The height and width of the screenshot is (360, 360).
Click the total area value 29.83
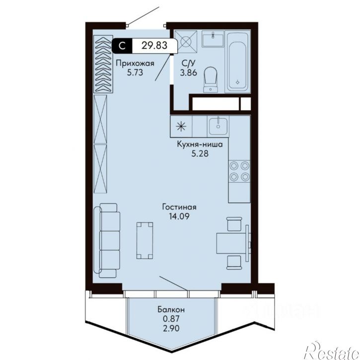tap(154, 45)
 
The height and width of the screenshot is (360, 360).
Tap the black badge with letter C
tap(122, 46)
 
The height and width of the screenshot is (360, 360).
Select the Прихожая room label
tap(135, 63)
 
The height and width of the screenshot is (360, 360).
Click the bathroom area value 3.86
tap(189, 73)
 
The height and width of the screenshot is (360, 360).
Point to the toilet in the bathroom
tap(211, 79)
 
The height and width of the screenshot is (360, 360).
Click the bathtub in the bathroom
tap(237, 62)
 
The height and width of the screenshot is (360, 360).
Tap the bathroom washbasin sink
tap(213, 39)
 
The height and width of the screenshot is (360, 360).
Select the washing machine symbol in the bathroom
tap(186, 42)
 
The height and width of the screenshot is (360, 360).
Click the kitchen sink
tap(218, 126)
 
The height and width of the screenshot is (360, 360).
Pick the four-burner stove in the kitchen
tap(239, 171)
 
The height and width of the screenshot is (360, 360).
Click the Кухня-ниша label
tap(200, 144)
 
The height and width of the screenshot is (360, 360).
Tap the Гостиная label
tap(179, 207)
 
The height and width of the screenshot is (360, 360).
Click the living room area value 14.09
tap(179, 216)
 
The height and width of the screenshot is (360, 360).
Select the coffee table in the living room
tap(144, 241)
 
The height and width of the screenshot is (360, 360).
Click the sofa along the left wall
tap(107, 241)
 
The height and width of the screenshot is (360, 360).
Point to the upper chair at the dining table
tap(234, 224)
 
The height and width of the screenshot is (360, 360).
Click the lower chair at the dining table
tap(234, 262)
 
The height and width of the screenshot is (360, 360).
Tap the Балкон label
tap(171, 310)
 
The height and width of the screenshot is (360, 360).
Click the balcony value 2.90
tap(171, 328)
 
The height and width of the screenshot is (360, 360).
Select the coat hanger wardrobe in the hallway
tap(103, 64)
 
